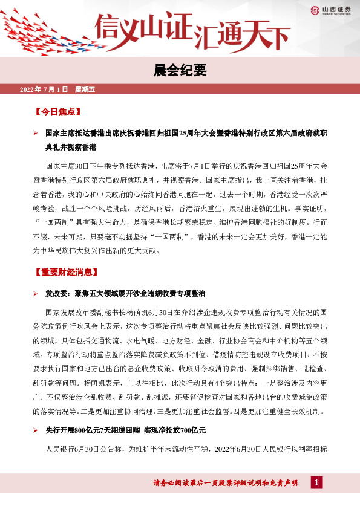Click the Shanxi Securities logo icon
(x=315, y=10)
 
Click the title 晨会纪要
(x=180, y=71)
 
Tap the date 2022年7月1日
(x=44, y=90)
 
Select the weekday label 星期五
(x=85, y=90)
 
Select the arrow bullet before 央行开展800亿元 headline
(x=36, y=430)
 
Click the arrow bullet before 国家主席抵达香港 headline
(x=36, y=132)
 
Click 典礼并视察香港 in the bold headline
(x=71, y=146)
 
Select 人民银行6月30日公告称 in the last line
(x=84, y=450)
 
